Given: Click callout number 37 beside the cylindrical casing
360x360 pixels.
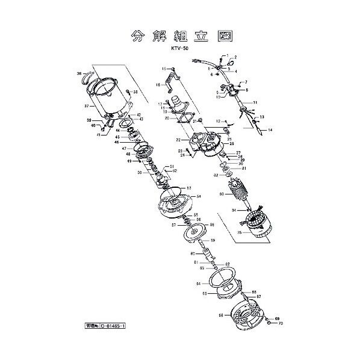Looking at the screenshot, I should [x=86, y=106].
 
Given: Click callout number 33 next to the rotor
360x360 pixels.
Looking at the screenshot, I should [x=222, y=194].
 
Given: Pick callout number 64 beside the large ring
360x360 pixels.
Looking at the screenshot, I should [x=198, y=282].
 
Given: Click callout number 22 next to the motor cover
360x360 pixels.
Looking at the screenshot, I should [x=179, y=140].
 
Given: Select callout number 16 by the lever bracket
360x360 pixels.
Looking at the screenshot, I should [x=158, y=85].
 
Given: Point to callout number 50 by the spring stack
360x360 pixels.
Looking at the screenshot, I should [x=139, y=173].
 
